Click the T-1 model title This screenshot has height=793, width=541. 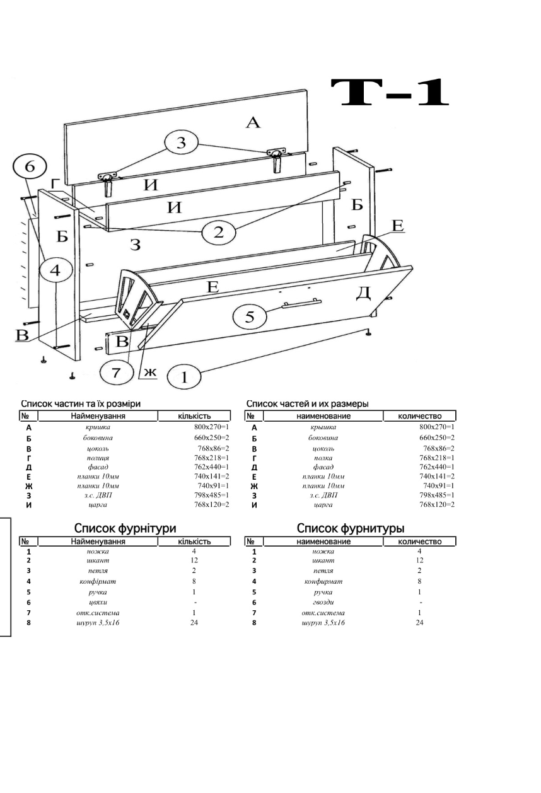point(390,93)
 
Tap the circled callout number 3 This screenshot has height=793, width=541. point(181,142)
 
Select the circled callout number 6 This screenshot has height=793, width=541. point(30,166)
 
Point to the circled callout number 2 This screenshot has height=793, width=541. point(218,233)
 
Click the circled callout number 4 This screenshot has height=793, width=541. point(55,270)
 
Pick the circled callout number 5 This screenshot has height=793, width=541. point(250,316)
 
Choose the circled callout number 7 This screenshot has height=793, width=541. point(117,373)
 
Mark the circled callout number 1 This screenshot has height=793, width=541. point(183,377)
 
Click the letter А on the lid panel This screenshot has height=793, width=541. point(253,122)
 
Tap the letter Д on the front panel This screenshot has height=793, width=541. point(363,292)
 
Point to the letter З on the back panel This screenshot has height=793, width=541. point(135,245)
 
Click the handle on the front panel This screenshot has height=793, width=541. point(301,303)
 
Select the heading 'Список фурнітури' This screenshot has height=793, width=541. point(125,528)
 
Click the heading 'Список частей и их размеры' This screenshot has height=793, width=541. point(307,403)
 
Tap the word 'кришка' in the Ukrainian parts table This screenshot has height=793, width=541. point(98,427)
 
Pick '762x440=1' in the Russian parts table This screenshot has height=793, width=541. point(437,466)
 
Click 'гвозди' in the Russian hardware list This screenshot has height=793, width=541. point(323,602)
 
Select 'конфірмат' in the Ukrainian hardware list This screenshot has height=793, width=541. point(98,581)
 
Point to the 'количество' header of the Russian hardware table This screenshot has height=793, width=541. point(419,541)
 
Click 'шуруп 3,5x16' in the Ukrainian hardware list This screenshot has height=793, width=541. point(98,623)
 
